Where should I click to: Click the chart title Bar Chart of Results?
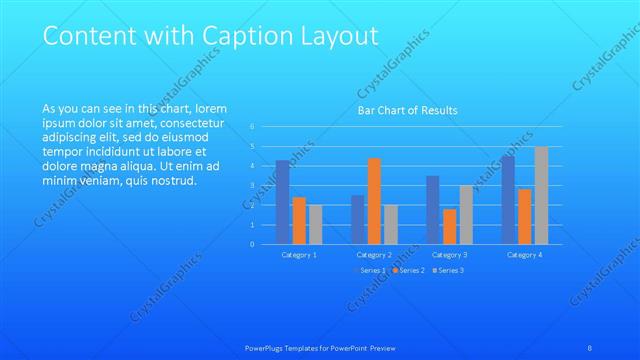[408, 110]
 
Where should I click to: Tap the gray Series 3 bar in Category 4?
[541, 195]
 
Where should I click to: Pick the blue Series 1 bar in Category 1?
[283, 202]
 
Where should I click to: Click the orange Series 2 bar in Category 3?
[449, 227]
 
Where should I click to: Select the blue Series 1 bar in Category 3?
[433, 210]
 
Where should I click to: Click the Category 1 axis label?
[299, 255]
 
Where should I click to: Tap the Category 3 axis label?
[449, 255]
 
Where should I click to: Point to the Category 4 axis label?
[524, 255]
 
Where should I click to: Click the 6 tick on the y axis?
[253, 127]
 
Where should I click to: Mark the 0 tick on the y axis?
[253, 244]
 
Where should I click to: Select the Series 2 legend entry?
[409, 270]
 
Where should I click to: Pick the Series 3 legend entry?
[448, 270]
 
